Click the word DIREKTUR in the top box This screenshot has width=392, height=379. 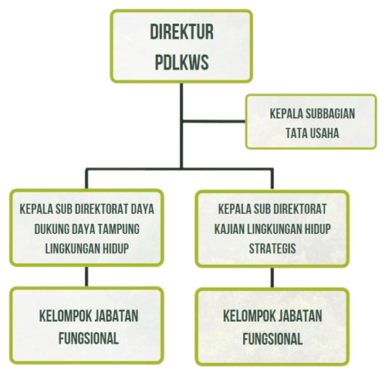coord(181,32)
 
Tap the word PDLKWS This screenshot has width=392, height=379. coord(181,63)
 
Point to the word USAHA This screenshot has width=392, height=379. coord(324,134)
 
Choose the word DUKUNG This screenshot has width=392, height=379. coord(51,228)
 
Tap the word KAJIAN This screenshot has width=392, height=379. coord(229,228)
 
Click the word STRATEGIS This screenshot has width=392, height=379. coord(272,249)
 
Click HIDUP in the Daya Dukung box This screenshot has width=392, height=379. coord(116,249)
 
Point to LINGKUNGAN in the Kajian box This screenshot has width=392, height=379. coord(275,228)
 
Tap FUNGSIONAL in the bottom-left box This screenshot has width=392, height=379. coord(89,338)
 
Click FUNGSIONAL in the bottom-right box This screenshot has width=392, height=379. coord(272,339)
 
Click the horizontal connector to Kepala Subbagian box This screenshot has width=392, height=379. coord(214,121)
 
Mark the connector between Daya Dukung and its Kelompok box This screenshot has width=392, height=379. coord(86,276)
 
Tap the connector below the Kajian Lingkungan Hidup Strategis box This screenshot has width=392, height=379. coord(272,277)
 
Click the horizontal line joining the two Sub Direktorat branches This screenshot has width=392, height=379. coord(179,169)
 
